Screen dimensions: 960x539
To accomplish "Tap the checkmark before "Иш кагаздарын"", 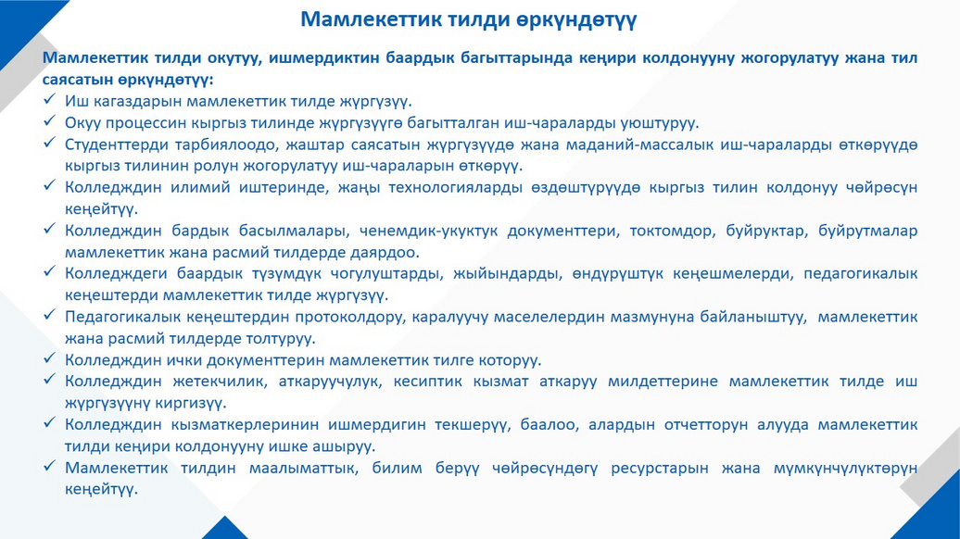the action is [x=50, y=99].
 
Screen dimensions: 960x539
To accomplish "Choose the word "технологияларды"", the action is [x=456, y=188].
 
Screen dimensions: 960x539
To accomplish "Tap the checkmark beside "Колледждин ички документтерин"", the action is [x=50, y=357].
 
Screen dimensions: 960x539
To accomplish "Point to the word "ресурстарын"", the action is [x=661, y=469].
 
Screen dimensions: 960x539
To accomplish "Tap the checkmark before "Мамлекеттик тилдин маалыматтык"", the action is [x=50, y=466].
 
